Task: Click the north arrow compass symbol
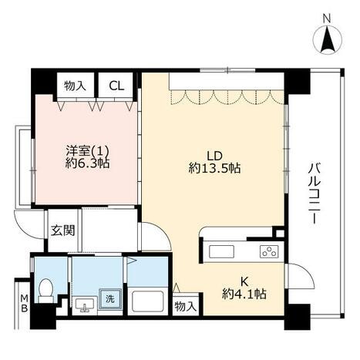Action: pos(328,39)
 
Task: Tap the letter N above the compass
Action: pos(327,19)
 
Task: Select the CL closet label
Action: pos(116,86)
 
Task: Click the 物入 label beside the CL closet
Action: pos(75,86)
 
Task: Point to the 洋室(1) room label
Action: pos(88,150)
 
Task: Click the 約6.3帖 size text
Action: pos(87,163)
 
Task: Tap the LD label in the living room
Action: pos(214,156)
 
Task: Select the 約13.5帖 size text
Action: pos(214,168)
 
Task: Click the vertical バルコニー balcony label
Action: pos(315,193)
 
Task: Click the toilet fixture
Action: pos(46,291)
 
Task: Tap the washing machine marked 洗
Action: pos(110,298)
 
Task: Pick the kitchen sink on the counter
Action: pos(221,251)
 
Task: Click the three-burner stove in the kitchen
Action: pos(269,251)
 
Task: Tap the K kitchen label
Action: pos(244,282)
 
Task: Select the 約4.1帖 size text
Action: pos(244,294)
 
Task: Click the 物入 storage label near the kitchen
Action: pos(186,306)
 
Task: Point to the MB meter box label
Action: pos(25,303)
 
